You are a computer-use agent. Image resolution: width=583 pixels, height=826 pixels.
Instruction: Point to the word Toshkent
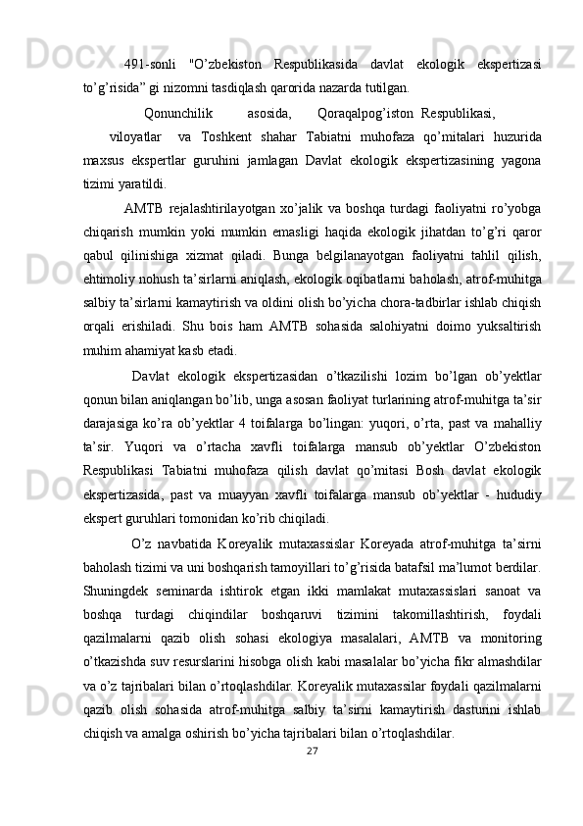235,135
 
